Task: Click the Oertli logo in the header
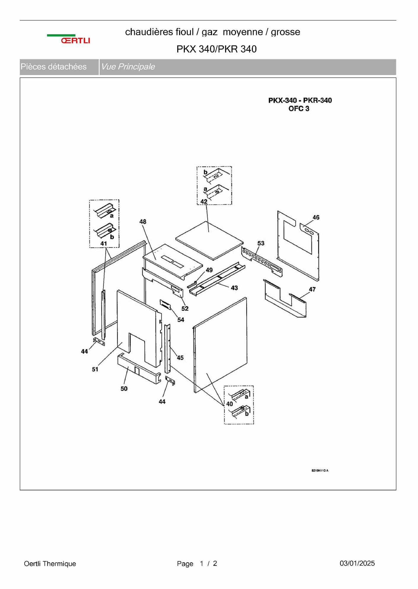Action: click(x=68, y=39)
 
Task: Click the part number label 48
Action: click(x=143, y=222)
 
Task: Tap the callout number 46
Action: click(x=316, y=217)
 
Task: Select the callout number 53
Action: click(x=261, y=243)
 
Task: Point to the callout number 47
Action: click(x=312, y=289)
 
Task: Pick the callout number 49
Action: click(x=209, y=270)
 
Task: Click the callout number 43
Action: click(x=234, y=288)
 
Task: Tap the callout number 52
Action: click(x=185, y=308)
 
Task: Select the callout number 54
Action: click(x=181, y=320)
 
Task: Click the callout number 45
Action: click(x=180, y=358)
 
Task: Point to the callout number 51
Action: click(x=95, y=369)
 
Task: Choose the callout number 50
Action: click(x=124, y=389)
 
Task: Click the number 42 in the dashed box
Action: click(x=204, y=202)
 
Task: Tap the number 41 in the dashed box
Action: click(x=104, y=243)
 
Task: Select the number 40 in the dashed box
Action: click(x=229, y=404)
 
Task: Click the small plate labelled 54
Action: click(x=166, y=304)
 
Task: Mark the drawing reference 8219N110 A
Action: click(x=320, y=471)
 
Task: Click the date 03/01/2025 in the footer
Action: click(x=357, y=563)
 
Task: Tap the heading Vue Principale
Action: click(x=128, y=67)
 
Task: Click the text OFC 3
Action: click(x=299, y=109)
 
